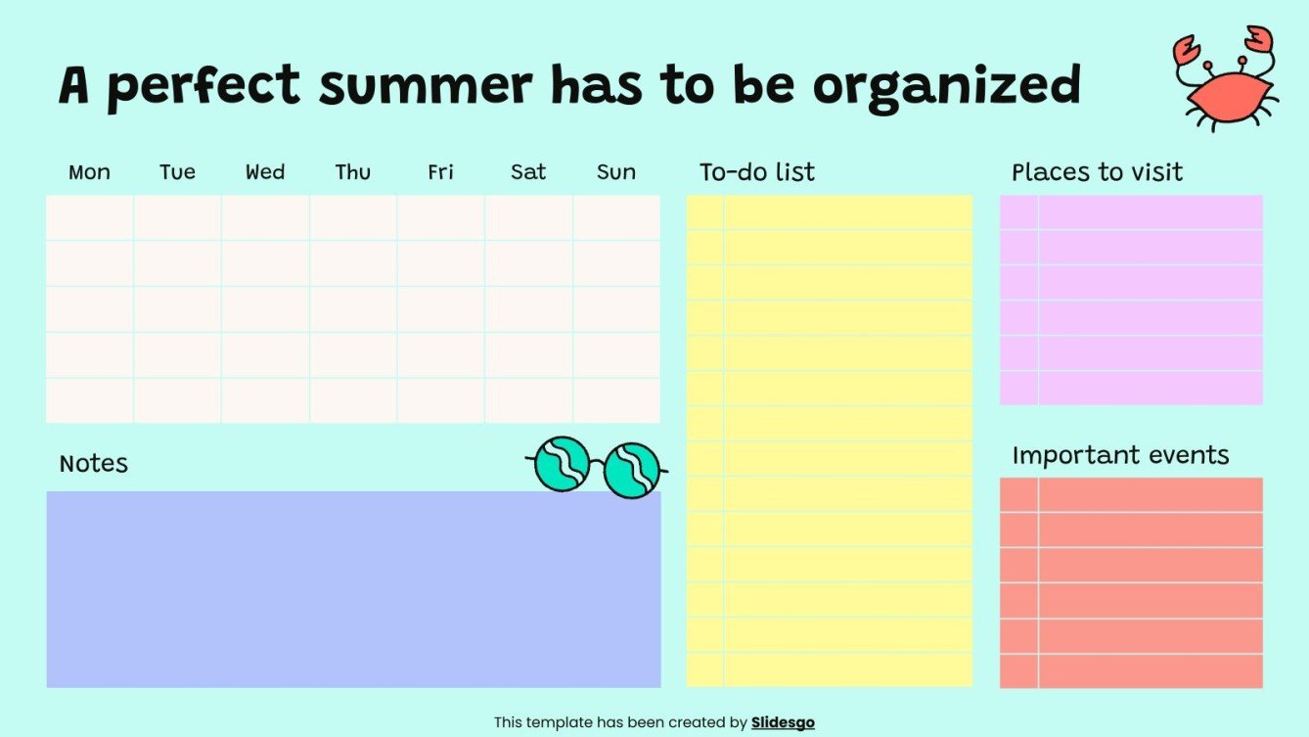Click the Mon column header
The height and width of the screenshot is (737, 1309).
pos(89,173)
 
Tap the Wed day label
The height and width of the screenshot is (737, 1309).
pos(265,173)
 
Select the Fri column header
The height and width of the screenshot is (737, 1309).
pos(440,173)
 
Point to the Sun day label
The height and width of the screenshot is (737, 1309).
pos(616,173)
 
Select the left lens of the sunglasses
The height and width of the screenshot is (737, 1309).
pos(563,464)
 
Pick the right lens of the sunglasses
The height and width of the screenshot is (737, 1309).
pos(632,470)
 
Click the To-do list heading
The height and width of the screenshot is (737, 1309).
pos(757,173)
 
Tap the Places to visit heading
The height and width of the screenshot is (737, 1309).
pos(1097,173)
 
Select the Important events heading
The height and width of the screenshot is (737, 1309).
pos(1120,456)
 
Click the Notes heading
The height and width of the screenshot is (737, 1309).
pos(94,464)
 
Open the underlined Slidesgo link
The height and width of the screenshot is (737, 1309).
pos(783,723)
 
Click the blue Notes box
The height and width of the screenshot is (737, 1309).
pos(353,589)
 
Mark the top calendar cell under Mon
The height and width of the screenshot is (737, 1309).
pos(89,217)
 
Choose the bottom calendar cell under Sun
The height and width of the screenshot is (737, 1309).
pos(616,401)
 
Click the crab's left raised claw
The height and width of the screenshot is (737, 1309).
pos(1187,50)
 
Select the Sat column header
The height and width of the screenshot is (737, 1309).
pos(528,173)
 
